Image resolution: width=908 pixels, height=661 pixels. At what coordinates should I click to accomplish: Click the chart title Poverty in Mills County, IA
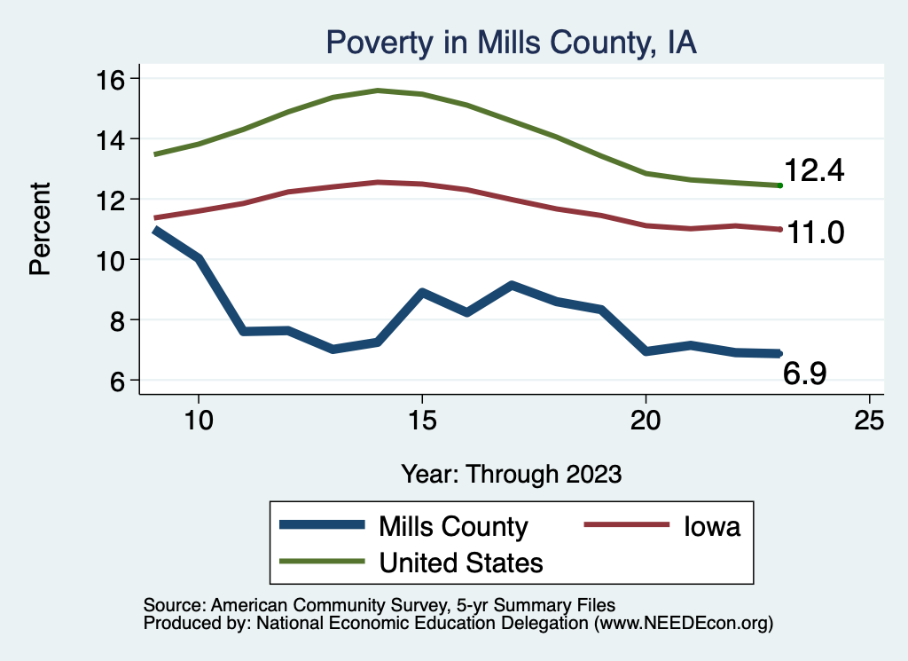(x=512, y=43)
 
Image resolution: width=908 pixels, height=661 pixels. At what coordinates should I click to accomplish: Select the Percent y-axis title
(x=40, y=229)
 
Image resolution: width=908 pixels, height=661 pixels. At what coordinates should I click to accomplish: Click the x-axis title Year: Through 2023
(x=511, y=473)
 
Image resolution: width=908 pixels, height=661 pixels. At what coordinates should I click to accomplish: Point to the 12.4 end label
(x=814, y=170)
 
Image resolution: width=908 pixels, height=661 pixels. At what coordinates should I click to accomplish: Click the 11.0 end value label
(x=813, y=232)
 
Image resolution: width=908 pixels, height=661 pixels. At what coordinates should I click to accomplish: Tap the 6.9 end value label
(x=805, y=374)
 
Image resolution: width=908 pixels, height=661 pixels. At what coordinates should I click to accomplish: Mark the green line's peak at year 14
(x=378, y=90)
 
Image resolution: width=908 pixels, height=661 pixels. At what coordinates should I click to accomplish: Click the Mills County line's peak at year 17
(x=512, y=286)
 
